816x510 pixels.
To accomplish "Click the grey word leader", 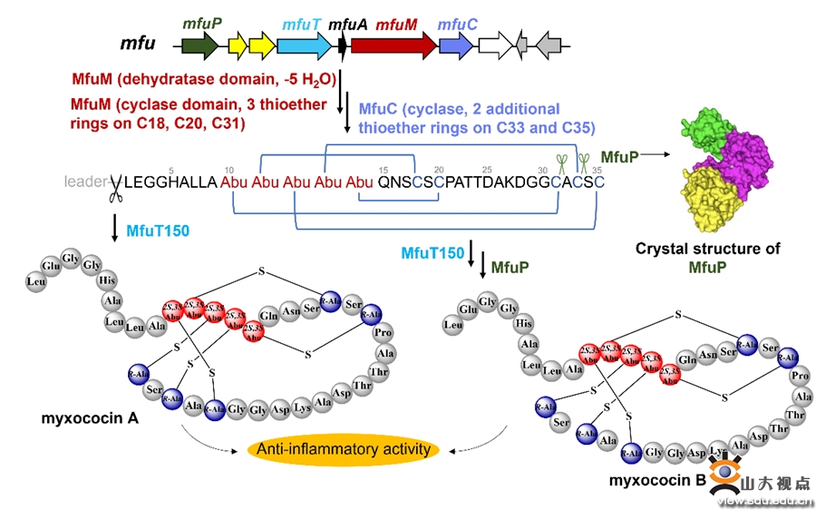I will [x=86, y=181].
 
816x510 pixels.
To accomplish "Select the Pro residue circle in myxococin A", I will [x=383, y=333].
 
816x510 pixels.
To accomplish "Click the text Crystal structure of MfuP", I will [x=707, y=257].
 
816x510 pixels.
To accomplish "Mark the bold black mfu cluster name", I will [x=138, y=43].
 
